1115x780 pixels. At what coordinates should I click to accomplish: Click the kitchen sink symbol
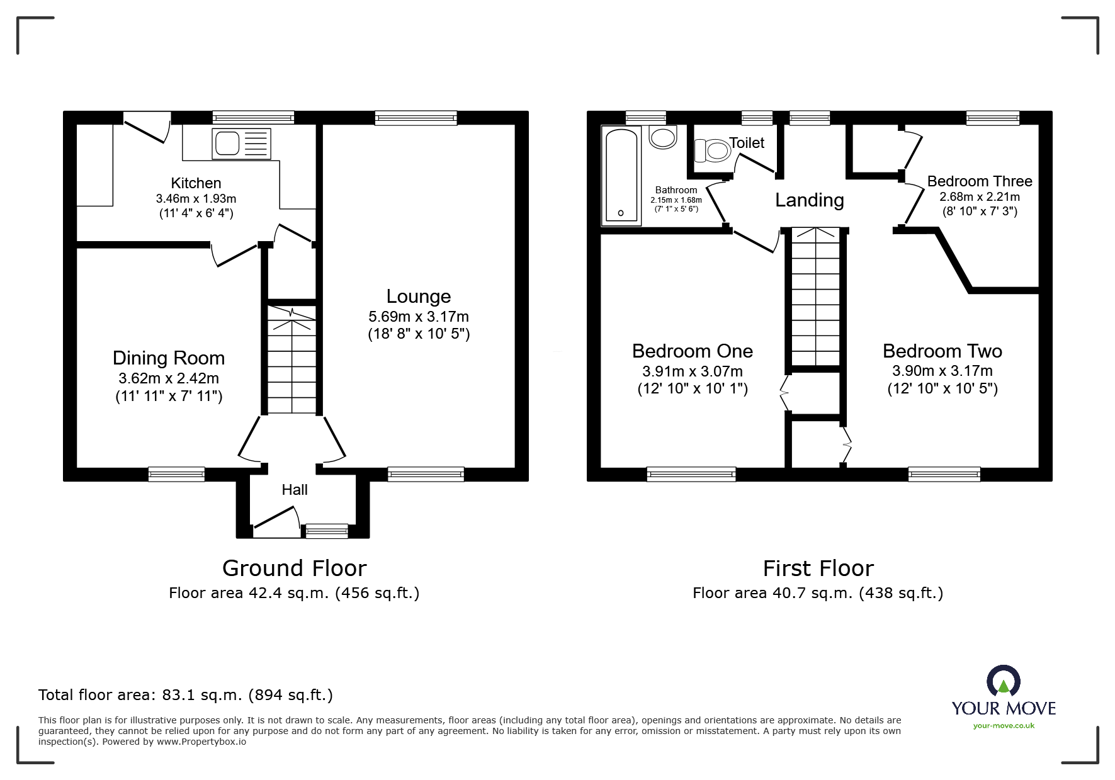click(242, 144)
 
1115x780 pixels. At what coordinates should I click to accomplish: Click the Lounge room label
click(419, 297)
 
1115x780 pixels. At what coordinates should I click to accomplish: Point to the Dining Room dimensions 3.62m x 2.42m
click(169, 378)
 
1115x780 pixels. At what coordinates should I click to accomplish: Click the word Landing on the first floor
click(809, 200)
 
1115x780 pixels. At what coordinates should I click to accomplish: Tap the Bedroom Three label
click(980, 181)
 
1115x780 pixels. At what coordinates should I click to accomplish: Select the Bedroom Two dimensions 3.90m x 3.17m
click(942, 371)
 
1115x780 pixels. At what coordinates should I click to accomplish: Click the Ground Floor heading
click(294, 568)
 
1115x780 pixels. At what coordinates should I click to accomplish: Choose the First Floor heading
click(818, 568)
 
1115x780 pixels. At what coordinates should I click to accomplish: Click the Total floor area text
click(186, 695)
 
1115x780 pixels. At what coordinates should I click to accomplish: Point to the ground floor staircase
click(292, 359)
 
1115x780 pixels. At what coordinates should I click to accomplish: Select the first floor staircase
click(816, 296)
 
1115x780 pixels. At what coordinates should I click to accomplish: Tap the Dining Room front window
click(176, 474)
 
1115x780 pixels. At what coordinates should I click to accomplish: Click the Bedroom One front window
click(691, 474)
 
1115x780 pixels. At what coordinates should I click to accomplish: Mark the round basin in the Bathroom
click(662, 137)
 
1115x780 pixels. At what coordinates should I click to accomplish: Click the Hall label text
click(295, 490)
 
